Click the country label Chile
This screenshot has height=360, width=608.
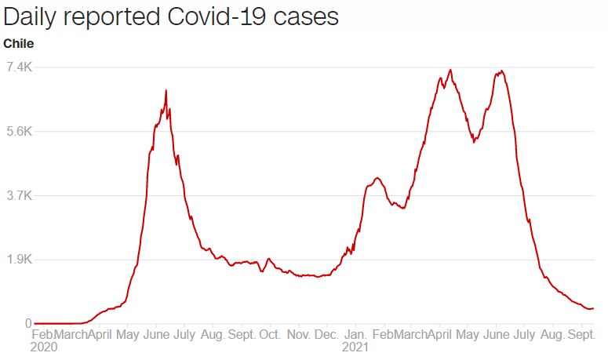pyautogui.click(x=19, y=43)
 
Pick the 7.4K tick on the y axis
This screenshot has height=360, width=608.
pyautogui.click(x=18, y=67)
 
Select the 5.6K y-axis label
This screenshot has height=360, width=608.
pyautogui.click(x=18, y=132)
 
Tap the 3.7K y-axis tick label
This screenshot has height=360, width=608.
pyautogui.click(x=18, y=195)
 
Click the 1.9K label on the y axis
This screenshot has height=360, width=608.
pyautogui.click(x=18, y=260)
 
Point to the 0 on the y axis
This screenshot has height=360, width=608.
pyautogui.click(x=27, y=323)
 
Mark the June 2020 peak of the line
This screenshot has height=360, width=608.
pyautogui.click(x=166, y=91)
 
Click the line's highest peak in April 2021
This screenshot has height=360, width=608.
pyautogui.click(x=450, y=70)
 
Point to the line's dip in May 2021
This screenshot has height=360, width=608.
pyautogui.click(x=474, y=142)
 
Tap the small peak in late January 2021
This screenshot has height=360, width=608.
pyautogui.click(x=377, y=178)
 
